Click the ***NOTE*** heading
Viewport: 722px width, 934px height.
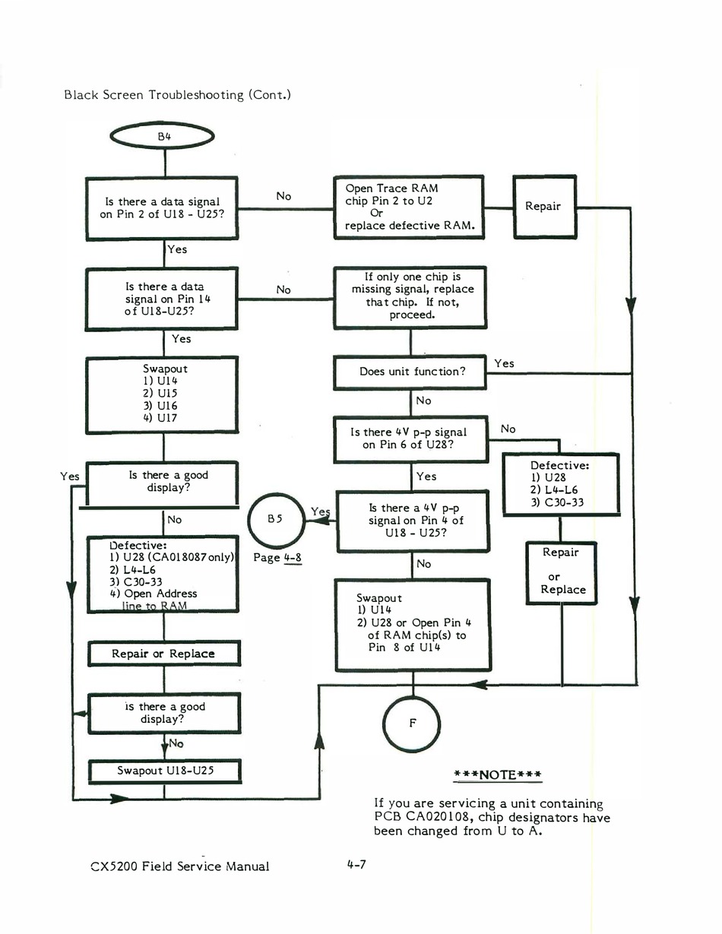497,774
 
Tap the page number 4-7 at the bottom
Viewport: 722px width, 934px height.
356,864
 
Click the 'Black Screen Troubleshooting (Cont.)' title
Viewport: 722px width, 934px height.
178,94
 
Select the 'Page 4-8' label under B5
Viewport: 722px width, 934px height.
277,558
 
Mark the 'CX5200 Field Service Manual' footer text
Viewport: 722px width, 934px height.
180,866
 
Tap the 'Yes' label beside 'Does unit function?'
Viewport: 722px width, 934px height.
504,363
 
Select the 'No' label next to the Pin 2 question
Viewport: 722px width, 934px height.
283,196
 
